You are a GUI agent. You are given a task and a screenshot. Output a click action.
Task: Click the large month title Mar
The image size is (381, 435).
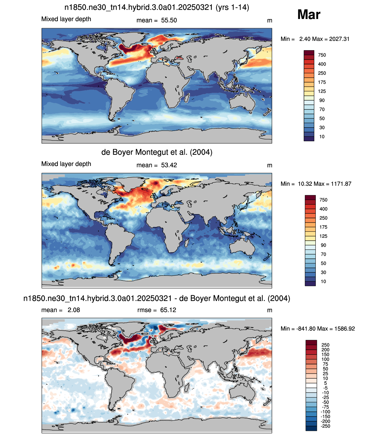coord(309,15)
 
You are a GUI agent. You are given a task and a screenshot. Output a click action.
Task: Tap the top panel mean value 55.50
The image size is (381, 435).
coord(169,20)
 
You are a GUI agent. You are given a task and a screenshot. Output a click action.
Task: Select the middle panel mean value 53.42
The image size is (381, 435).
coord(169,165)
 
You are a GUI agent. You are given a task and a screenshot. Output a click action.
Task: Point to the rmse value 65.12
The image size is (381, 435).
coord(168,310)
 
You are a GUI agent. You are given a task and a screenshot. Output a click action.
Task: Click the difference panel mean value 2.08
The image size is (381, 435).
coord(74,310)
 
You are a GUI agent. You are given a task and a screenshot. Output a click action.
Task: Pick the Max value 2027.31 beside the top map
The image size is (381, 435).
coord(339,39)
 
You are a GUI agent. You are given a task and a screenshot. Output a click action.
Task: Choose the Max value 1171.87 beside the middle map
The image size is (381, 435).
coord(341,184)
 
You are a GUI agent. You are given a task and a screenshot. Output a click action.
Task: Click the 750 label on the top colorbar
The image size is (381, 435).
coord(322,55)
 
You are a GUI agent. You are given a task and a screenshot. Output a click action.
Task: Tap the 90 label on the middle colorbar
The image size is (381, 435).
coord(323,245)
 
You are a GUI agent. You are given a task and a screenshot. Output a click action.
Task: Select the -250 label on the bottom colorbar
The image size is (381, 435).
coord(325,426)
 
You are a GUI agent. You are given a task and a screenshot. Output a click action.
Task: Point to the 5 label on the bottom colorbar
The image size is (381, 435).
coord(325,383)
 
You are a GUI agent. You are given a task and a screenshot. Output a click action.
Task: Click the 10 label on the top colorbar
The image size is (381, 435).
coord(322,137)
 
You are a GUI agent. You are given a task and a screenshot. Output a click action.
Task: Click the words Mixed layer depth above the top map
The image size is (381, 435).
coord(66,19)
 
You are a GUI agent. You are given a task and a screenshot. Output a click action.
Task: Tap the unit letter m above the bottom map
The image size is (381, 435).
coord(270,310)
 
